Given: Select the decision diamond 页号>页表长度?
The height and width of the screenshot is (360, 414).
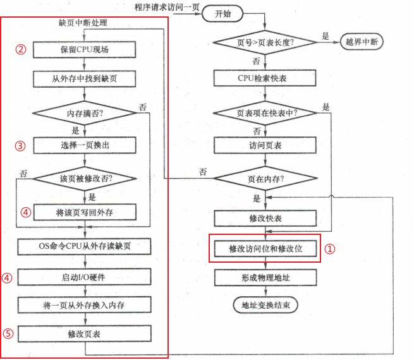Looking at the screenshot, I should pyautogui.click(x=265, y=42).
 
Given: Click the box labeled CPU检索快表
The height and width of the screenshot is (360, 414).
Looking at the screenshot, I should pyautogui.click(x=265, y=78).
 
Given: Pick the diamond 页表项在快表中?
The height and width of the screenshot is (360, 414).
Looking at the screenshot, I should pyautogui.click(x=265, y=113).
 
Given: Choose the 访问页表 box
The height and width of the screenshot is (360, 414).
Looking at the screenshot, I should pyautogui.click(x=265, y=145).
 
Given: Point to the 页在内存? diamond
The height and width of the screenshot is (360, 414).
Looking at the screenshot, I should pyautogui.click(x=265, y=179).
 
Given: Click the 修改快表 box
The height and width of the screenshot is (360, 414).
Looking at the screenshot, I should pyautogui.click(x=265, y=219).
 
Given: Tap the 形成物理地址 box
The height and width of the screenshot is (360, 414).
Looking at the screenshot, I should pyautogui.click(x=265, y=277).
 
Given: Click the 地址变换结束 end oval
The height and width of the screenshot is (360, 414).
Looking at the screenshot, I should pyautogui.click(x=265, y=305).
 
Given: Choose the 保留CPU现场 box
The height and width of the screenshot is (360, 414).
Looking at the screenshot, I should pyautogui.click(x=84, y=49).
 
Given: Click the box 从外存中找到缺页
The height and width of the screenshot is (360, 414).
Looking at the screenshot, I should pyautogui.click(x=84, y=79).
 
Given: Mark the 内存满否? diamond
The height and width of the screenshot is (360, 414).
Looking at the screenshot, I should pyautogui.click(x=84, y=114).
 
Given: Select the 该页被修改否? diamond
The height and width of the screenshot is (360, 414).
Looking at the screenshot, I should pyautogui.click(x=84, y=179).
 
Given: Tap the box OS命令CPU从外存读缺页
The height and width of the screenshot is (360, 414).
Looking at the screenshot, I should pyautogui.click(x=84, y=246).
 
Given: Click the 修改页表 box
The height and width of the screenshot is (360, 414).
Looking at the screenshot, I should pyautogui.click(x=84, y=333).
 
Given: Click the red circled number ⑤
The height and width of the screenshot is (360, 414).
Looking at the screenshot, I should pyautogui.click(x=23, y=334).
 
